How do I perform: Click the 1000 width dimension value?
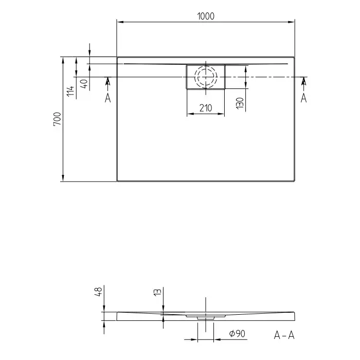tap(206, 16)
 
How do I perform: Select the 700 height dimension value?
tap(57, 119)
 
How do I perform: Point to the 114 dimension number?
tap(70, 91)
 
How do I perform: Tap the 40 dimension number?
tap(84, 84)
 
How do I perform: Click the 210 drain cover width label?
tap(206, 108)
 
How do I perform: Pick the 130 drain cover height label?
tap(240, 103)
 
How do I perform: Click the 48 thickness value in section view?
tap(99, 292)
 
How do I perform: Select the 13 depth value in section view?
tap(158, 292)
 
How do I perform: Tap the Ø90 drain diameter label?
tap(237, 333)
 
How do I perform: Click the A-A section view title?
tap(284, 335)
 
